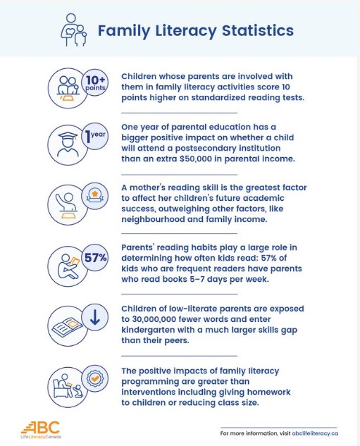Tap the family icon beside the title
coord(73,30)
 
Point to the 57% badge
coord(94,258)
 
